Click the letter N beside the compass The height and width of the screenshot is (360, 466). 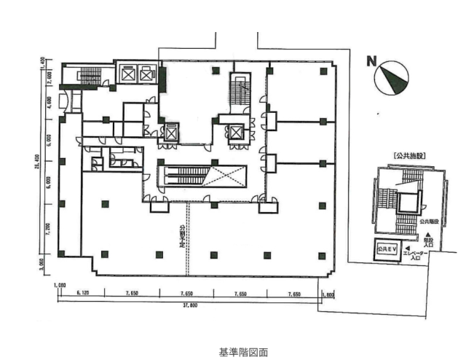pos(371,61)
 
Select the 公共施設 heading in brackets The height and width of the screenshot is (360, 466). pos(408,155)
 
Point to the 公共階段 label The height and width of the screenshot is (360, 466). pos(428,219)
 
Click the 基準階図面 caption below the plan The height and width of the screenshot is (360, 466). pos(243,351)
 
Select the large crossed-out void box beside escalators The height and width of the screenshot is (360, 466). pos(226,178)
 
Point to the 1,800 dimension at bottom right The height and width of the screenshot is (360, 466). pos(328,294)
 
